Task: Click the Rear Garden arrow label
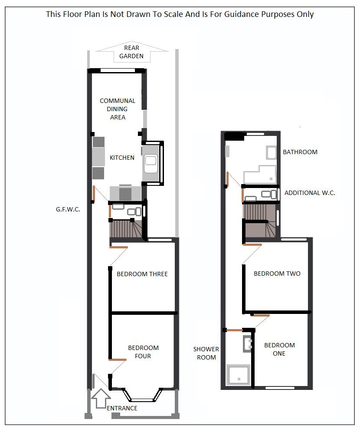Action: click(x=131, y=52)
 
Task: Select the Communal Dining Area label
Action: click(x=118, y=109)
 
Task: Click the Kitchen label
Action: click(x=122, y=158)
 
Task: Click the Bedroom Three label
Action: click(x=142, y=274)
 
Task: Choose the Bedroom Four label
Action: click(x=143, y=352)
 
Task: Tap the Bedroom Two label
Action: click(x=277, y=274)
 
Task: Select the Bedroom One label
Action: click(x=279, y=349)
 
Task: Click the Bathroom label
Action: click(x=300, y=152)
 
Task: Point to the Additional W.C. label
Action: click(x=310, y=193)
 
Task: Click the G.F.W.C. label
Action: click(x=68, y=208)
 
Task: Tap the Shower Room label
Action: click(x=206, y=353)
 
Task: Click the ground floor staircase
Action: click(x=126, y=229)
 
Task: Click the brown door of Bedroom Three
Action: click(x=118, y=247)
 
